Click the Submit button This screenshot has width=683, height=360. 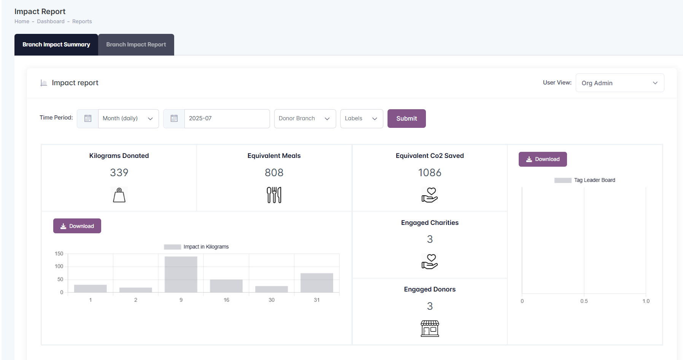pos(406,118)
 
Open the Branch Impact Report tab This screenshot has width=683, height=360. pos(136,45)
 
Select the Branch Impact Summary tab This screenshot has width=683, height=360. pos(56,45)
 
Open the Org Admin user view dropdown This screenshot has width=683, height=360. pos(619,83)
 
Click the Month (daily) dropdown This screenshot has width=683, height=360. pos(128,118)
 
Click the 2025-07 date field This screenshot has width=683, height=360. pos(227,118)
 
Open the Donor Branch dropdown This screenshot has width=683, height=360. pos(305,118)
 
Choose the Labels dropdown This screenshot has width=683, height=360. pos(361,118)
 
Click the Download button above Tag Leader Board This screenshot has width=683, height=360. pos(542,159)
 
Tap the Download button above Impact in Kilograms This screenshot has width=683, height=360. pos(77,226)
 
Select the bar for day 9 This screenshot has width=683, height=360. pos(181,274)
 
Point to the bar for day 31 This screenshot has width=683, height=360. pos(317,283)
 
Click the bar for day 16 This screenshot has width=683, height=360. pos(226,286)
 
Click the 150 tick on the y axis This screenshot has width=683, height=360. pos(59,253)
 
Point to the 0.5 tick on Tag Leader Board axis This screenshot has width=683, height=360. pos(584,301)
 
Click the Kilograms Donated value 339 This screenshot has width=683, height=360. pos(119,173)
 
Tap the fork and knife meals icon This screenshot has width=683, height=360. pos(274,195)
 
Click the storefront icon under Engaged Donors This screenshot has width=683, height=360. pos(430,328)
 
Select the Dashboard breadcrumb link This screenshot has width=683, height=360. pos(51,21)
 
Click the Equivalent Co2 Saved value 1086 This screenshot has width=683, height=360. pos(430,173)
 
